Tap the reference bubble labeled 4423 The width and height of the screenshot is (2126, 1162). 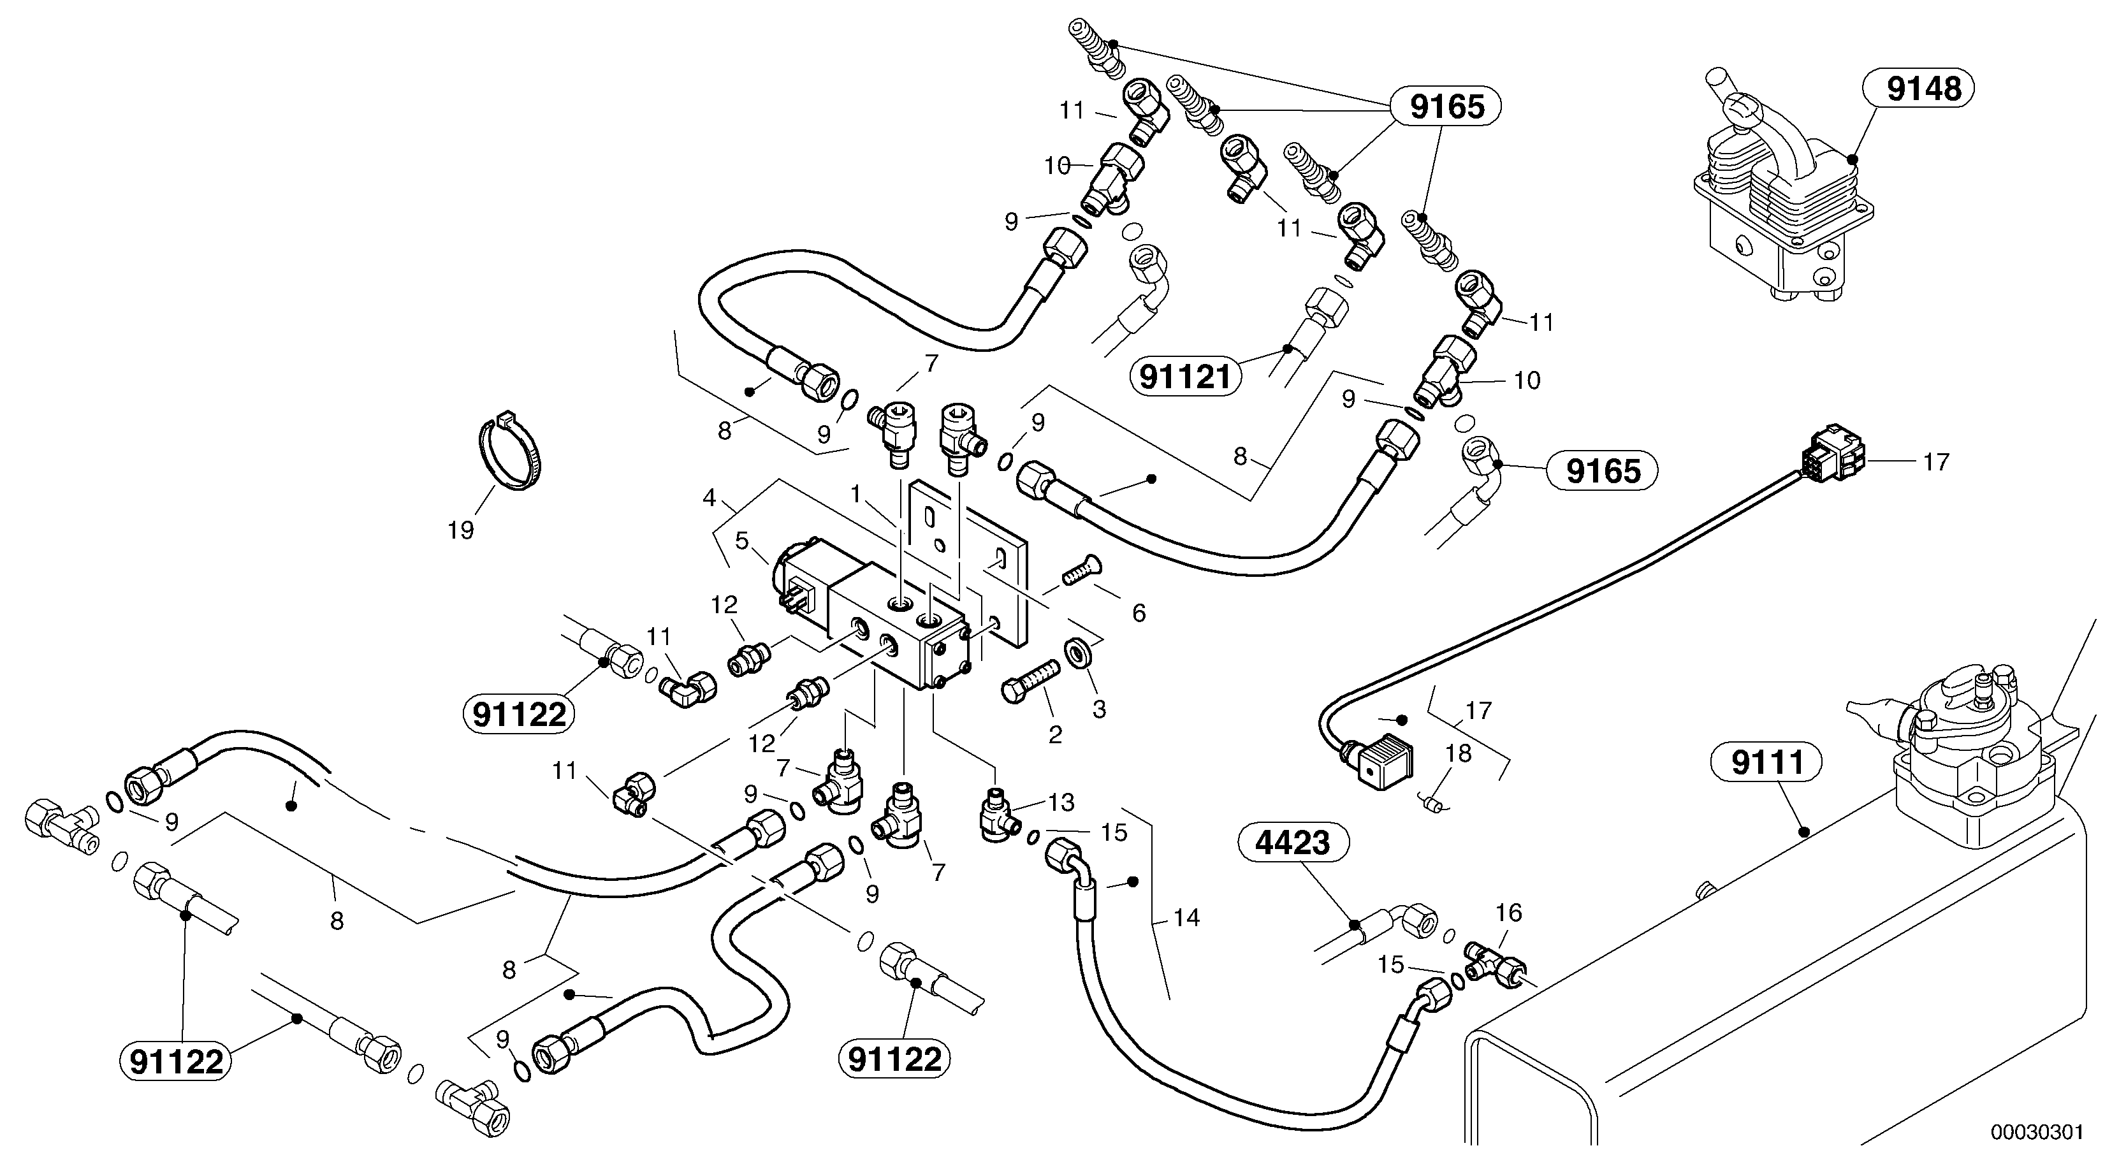1293,843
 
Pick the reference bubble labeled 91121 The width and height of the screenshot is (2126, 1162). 1185,378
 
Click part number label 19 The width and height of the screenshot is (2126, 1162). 460,530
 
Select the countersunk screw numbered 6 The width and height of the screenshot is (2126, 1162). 1077,569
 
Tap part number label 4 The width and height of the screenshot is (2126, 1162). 708,498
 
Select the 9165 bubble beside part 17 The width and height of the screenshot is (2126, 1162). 1603,471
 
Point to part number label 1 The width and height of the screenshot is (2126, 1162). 856,495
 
